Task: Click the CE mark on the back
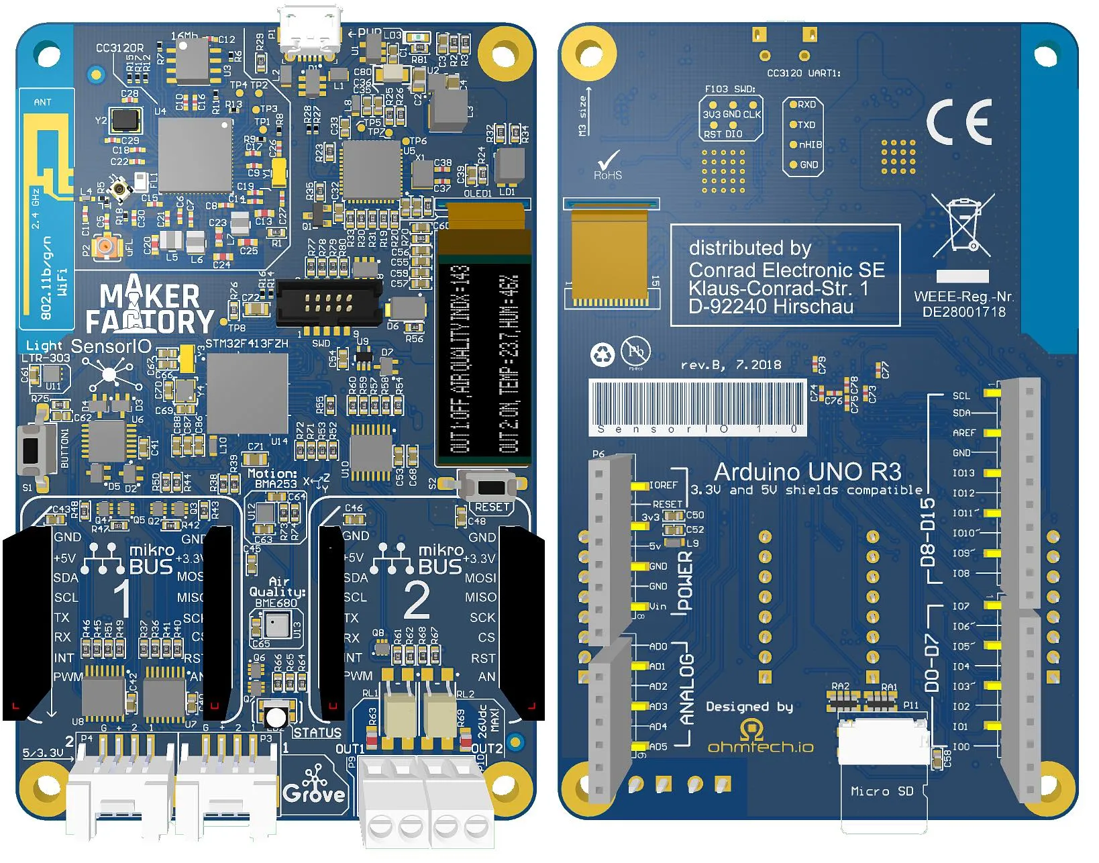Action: (959, 122)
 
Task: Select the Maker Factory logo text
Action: (149, 309)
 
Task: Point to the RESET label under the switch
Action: (492, 507)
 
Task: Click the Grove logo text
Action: (314, 793)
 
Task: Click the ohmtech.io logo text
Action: (760, 746)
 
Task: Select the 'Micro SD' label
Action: (882, 791)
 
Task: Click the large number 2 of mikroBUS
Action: (416, 601)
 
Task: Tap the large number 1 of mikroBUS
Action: (122, 597)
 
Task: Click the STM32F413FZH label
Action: (246, 344)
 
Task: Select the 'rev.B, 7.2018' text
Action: (731, 365)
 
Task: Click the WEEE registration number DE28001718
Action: (963, 312)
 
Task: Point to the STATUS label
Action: (317, 733)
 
